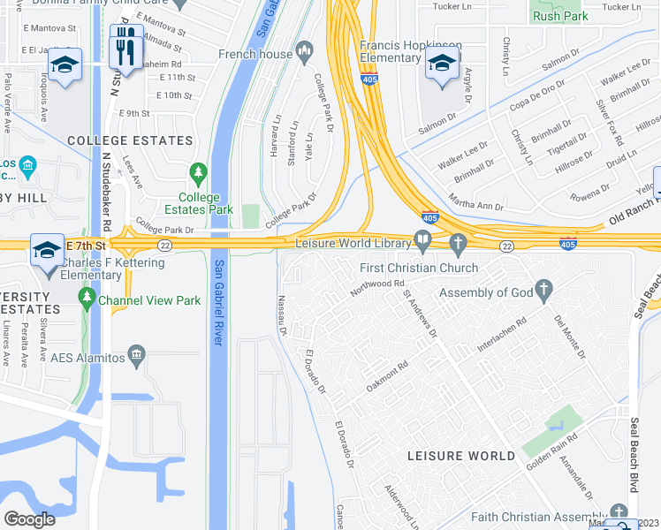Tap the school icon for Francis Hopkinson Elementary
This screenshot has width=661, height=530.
click(441, 63)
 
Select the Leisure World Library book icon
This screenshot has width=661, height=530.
click(423, 240)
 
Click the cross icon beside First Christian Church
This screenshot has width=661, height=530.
click(457, 242)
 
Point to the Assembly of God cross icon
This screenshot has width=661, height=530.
click(543, 288)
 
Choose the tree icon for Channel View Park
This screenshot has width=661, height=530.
click(87, 301)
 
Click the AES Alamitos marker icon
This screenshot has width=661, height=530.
click(136, 357)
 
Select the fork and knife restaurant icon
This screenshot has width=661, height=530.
click(125, 42)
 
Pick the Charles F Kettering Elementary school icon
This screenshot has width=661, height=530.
click(46, 250)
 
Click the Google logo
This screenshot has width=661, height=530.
click(29, 519)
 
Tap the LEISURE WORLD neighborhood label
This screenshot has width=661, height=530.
click(461, 456)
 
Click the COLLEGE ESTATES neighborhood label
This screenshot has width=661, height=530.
click(130, 140)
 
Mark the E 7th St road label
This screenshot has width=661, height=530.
click(88, 245)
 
